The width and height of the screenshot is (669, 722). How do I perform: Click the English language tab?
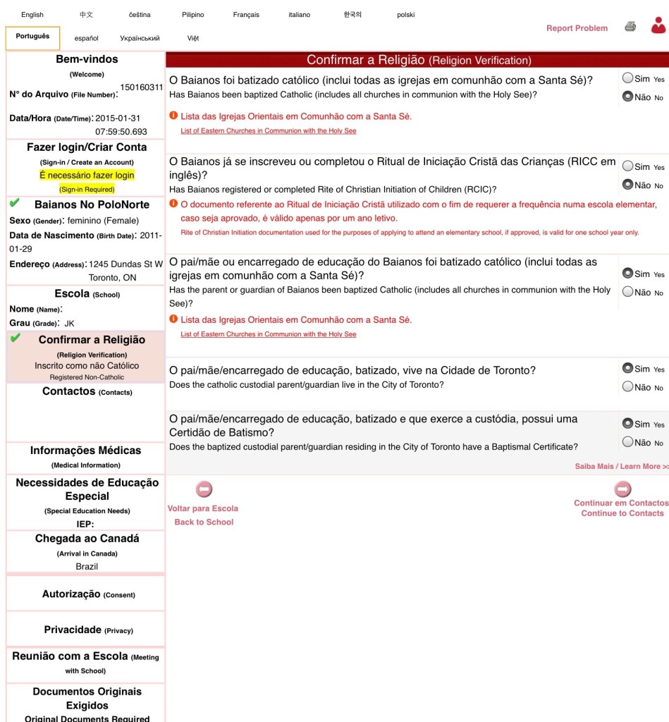click(32, 15)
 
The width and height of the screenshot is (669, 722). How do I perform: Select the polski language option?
click(405, 15)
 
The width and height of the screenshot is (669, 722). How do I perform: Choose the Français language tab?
click(246, 15)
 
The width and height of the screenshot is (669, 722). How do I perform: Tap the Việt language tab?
click(193, 38)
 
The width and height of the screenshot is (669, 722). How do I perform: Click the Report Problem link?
click(577, 28)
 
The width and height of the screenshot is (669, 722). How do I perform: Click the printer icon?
click(630, 27)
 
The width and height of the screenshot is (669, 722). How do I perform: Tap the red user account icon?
click(658, 26)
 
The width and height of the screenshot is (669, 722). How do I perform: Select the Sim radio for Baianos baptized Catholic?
click(627, 78)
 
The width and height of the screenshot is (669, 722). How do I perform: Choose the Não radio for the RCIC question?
click(627, 185)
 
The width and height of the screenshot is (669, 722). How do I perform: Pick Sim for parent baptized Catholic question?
click(627, 273)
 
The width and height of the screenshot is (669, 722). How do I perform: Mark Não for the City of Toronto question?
click(627, 386)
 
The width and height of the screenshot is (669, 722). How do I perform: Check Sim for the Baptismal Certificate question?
click(627, 424)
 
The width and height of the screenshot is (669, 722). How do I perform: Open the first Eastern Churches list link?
click(268, 131)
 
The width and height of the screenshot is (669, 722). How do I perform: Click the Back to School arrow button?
click(204, 489)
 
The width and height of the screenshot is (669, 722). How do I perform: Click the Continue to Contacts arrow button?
click(622, 489)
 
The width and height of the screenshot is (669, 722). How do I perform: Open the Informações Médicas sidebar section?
click(85, 451)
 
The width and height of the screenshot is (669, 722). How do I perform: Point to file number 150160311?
click(141, 87)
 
